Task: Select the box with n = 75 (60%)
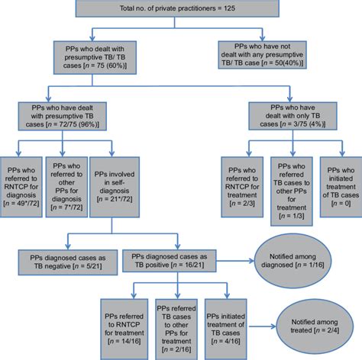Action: click(97, 56)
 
